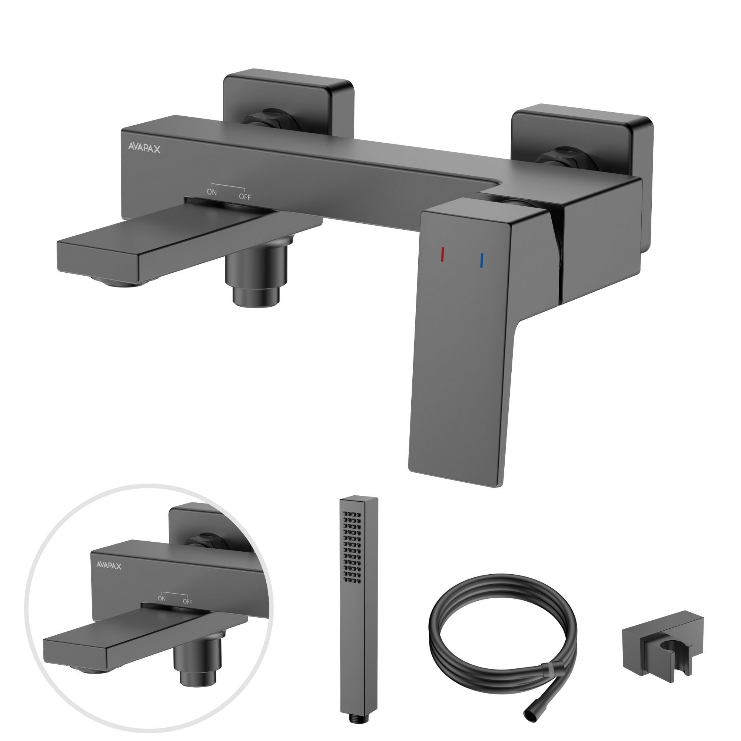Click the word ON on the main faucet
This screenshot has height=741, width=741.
pos(212,192)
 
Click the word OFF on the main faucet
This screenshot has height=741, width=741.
pos(245,197)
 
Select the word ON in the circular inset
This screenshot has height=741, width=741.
pos(162,598)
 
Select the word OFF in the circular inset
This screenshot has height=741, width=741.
pos(187,601)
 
